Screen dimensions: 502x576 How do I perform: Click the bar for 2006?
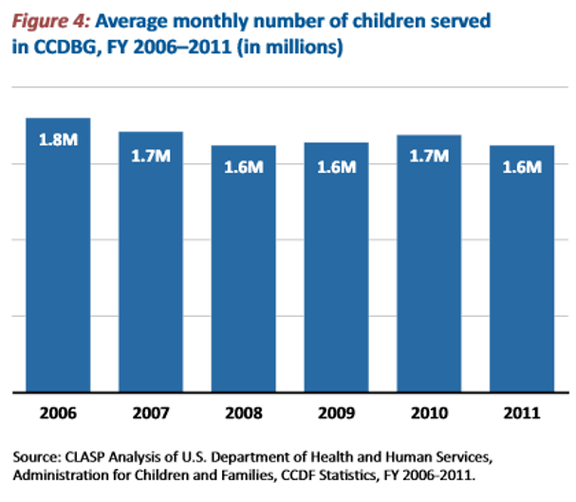[x=58, y=256]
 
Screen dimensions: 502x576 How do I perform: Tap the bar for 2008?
[x=244, y=270]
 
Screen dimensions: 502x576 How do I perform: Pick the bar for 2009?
[x=336, y=269]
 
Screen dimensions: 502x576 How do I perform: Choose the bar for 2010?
[x=429, y=265]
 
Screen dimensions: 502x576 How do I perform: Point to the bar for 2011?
[x=522, y=270]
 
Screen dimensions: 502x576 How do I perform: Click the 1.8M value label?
[x=58, y=139]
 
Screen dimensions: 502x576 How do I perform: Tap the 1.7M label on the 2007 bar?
[x=151, y=157]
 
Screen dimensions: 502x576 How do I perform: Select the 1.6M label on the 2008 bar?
[x=244, y=167]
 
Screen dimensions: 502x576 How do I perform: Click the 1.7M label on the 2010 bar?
[x=429, y=157]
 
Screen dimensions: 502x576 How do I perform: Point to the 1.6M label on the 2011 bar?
[x=522, y=167]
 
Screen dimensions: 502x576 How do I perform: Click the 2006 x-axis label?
[x=58, y=414]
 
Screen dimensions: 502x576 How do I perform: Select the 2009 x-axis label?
[x=336, y=414]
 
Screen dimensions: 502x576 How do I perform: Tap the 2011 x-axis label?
[x=522, y=414]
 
